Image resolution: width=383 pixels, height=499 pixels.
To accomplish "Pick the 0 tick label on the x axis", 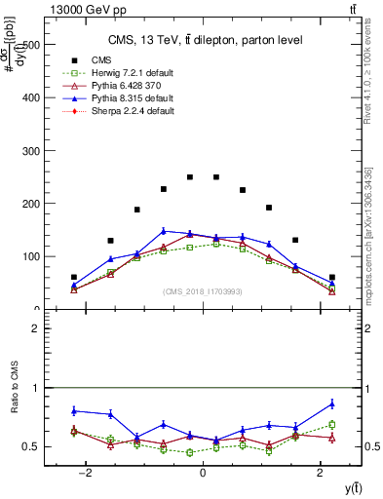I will (x=202, y=473).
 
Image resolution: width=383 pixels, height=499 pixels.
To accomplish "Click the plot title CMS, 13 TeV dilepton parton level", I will (x=206, y=40).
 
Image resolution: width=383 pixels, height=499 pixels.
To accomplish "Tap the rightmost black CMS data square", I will (x=332, y=278).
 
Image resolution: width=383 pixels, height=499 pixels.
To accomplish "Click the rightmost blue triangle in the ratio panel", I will (x=332, y=403).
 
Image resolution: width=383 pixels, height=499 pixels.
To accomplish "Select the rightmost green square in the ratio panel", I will (x=332, y=424).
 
